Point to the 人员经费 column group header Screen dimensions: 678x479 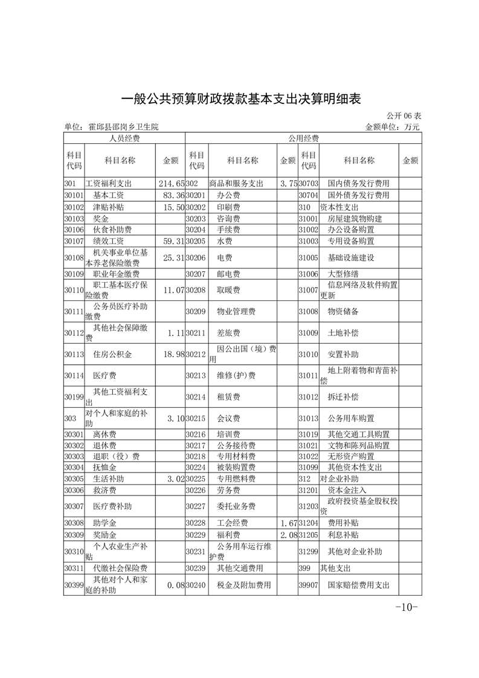coord(124,138)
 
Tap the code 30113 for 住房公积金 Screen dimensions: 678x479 coord(73,354)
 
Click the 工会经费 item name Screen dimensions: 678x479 coord(233,523)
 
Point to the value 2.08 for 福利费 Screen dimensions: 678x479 coord(289,535)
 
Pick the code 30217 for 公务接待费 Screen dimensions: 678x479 coord(196,445)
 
